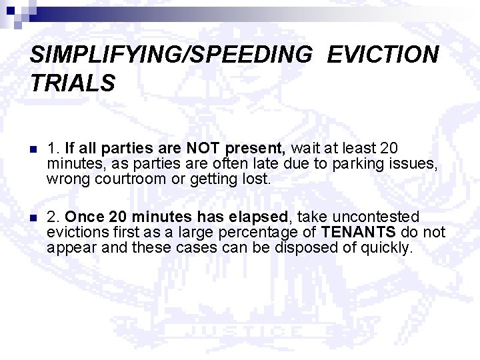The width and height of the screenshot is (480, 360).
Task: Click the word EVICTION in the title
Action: (383, 55)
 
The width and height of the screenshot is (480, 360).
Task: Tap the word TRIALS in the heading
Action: (73, 83)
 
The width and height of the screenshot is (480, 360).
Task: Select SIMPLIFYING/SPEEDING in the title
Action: (171, 55)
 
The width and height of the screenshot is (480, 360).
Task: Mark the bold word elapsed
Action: (260, 217)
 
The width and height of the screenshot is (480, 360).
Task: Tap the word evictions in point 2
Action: (76, 233)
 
